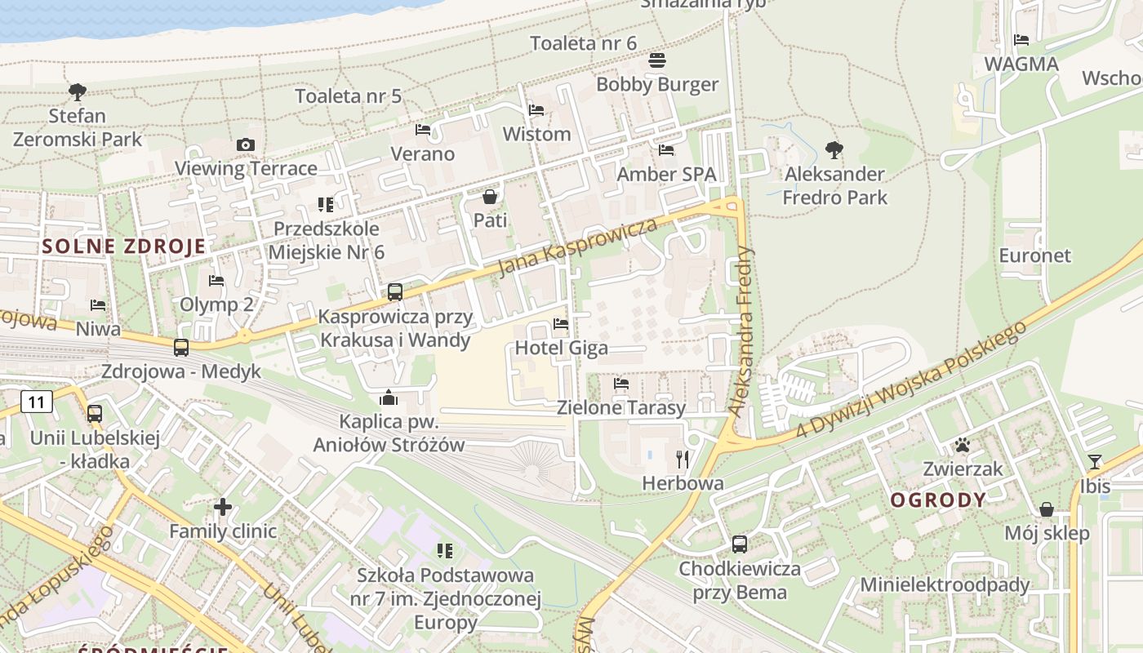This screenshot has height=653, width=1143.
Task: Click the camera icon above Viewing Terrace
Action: click(x=245, y=144)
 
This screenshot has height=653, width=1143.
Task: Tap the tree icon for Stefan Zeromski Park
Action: click(x=78, y=91)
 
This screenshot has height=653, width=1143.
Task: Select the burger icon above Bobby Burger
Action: click(x=657, y=60)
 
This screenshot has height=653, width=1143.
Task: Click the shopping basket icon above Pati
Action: click(x=490, y=197)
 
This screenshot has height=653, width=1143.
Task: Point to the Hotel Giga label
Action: click(x=561, y=348)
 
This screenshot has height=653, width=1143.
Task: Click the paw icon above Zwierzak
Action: click(x=963, y=445)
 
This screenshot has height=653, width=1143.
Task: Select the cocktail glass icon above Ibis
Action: click(x=1095, y=462)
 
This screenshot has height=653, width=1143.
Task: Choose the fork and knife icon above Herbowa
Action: click(x=683, y=460)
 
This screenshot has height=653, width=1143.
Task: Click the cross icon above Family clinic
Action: click(x=223, y=507)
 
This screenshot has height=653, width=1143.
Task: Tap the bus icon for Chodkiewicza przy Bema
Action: click(x=740, y=544)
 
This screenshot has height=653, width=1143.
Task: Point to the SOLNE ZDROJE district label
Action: click(x=124, y=246)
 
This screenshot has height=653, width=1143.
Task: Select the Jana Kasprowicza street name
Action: click(x=577, y=247)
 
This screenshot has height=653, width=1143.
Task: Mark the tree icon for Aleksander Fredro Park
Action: click(x=834, y=149)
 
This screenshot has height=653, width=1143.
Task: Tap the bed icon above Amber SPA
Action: click(x=666, y=150)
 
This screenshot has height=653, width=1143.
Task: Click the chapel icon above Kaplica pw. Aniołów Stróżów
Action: click(x=389, y=398)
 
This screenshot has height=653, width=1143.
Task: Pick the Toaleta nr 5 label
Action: click(x=348, y=96)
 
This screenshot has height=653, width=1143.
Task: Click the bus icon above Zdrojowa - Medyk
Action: click(x=181, y=348)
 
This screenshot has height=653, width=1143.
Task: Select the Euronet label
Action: click(x=1034, y=255)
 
